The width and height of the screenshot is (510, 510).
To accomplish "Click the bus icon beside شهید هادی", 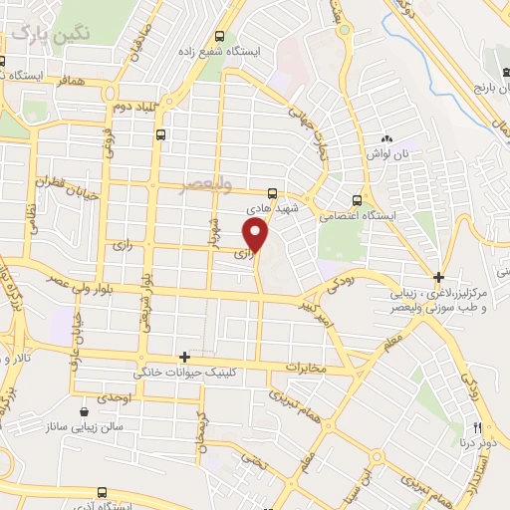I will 272,195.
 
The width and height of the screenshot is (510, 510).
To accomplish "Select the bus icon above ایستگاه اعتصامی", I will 359,197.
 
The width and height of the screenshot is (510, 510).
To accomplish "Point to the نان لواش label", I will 389,154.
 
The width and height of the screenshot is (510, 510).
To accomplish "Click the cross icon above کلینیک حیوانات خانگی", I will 184,356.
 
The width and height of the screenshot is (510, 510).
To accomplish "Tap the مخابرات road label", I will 306,368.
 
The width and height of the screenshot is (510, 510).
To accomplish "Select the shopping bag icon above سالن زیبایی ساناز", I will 85,409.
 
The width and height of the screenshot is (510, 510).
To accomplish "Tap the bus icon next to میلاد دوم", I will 161,132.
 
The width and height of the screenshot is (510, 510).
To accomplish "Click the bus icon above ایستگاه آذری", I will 103,493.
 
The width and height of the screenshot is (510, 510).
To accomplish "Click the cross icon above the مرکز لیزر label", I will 438,276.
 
